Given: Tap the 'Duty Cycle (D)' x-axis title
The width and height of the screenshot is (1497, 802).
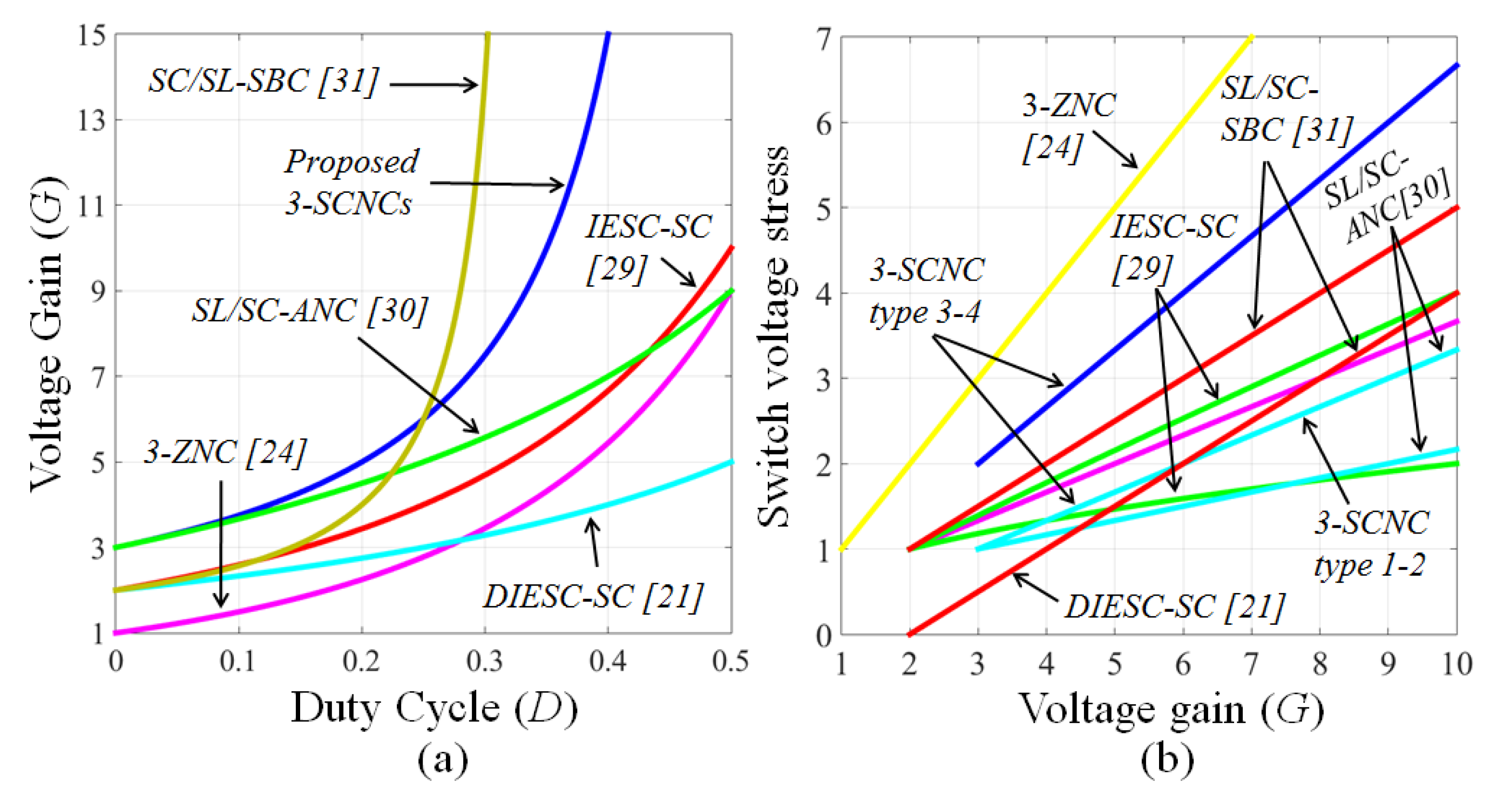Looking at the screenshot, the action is coord(434,707).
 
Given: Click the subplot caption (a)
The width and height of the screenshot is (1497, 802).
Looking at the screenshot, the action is coord(443,759).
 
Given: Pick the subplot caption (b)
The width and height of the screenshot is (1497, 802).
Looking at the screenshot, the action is coord(1167,759).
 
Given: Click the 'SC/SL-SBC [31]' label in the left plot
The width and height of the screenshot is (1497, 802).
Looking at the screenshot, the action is coord(263,82).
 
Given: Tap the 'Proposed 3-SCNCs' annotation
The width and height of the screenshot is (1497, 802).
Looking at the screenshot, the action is coord(351,182).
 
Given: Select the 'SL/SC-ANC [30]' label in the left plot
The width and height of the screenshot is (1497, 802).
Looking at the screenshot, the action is coord(310,312).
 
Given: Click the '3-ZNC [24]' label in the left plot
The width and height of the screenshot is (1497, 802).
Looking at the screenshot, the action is coord(225,452).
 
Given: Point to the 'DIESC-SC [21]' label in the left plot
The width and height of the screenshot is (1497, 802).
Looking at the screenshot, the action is coord(593,597).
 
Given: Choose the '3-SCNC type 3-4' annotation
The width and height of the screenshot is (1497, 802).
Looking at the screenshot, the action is coord(926,291).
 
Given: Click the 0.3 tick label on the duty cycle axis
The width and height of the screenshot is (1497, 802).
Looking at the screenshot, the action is coord(485,662).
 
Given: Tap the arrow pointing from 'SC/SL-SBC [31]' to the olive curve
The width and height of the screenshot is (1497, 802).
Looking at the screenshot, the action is coord(433,85).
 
